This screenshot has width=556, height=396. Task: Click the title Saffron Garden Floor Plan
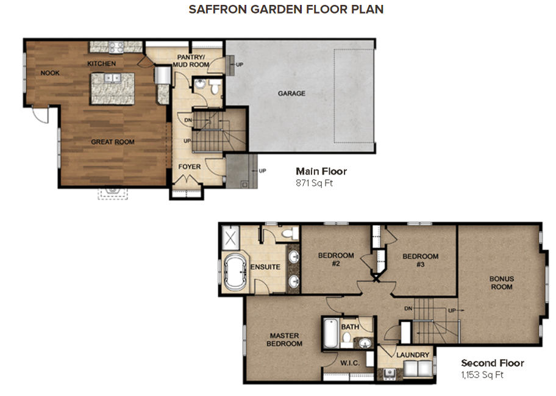pos(286,10)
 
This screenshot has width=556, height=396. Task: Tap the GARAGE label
pos(291,93)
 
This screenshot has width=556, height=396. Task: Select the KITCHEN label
pos(101,63)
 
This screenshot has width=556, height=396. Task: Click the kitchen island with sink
pos(112,88)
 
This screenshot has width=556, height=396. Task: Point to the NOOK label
pos(50,73)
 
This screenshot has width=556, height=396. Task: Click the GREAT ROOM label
pos(112,142)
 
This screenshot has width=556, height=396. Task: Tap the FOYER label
pos(189,167)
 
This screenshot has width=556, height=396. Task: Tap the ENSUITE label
pos(265,267)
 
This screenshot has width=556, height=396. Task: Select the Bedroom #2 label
pos(336,260)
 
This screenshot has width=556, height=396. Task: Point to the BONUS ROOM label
pos(502,283)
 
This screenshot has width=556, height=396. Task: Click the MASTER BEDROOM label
pos(284,339)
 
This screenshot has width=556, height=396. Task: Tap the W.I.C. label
pos(349,363)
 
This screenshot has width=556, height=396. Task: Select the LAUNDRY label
pos(413,355)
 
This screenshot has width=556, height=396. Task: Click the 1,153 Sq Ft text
pos(482,375)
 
